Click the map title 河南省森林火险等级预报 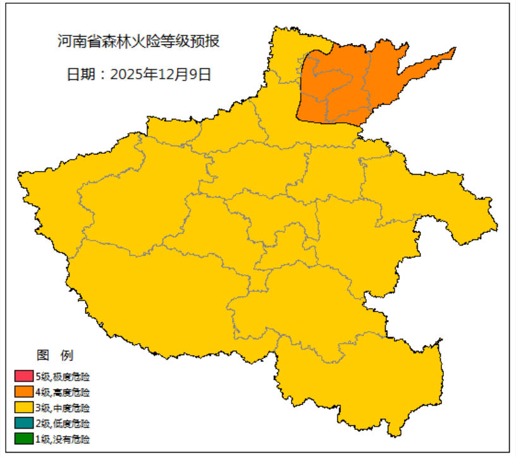tap(138, 42)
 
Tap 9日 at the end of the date tap(201, 74)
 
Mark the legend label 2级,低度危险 tap(63, 423)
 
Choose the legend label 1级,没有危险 tap(63, 439)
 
